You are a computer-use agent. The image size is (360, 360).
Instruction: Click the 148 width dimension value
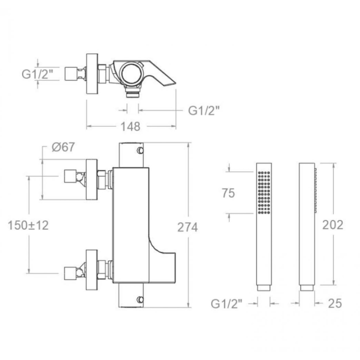[130, 126]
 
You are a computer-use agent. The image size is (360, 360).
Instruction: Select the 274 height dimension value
[187, 227]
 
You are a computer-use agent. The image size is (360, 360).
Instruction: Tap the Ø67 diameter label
[63, 147]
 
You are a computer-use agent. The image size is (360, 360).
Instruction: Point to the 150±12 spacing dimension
[28, 225]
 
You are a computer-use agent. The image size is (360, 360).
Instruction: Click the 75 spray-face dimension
[228, 193]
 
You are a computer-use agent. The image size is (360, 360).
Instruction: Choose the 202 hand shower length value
[332, 225]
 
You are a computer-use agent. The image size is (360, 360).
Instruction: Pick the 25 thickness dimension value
[335, 303]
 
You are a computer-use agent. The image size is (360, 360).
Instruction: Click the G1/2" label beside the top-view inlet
[37, 74]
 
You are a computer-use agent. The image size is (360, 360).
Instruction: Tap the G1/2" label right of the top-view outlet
[204, 110]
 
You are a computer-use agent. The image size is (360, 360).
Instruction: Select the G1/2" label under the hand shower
[226, 304]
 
